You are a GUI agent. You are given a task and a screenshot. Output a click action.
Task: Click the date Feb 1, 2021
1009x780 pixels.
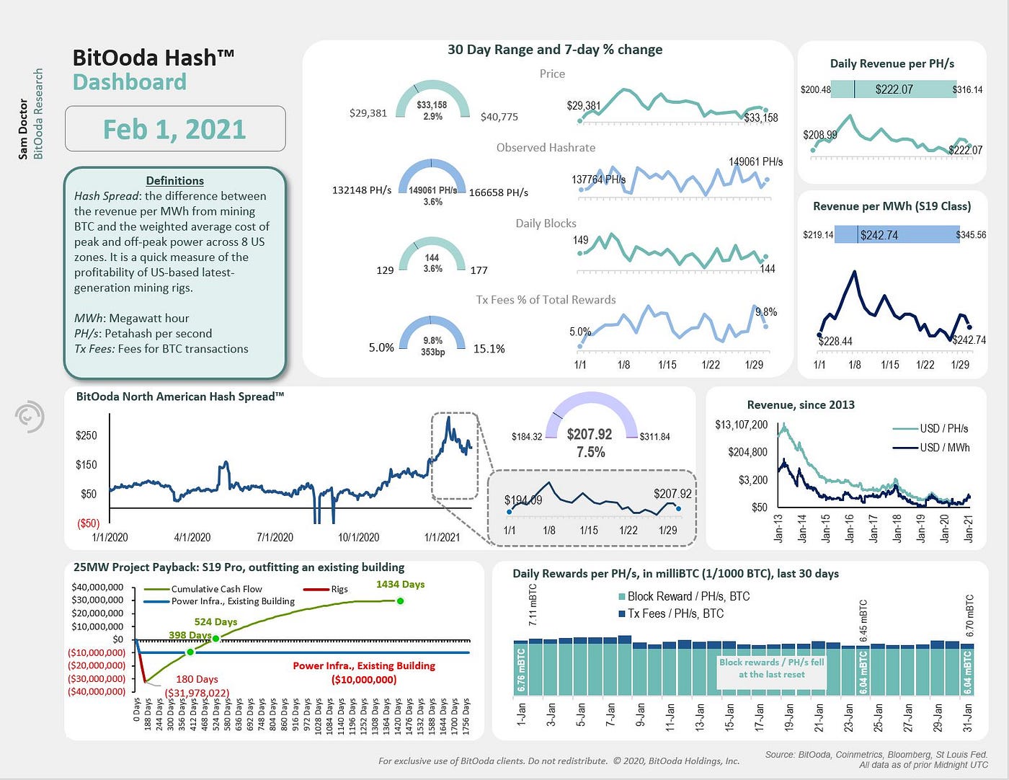[x=174, y=129]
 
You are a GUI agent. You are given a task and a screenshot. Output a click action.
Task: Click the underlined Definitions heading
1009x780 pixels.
[x=174, y=180]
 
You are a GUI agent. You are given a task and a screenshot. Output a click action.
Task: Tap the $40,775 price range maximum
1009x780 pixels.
[x=499, y=116]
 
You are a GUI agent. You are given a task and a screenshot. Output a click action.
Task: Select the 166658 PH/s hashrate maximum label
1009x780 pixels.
[x=498, y=192]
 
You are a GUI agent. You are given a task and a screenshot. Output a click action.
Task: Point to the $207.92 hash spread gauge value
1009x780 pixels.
[x=589, y=434]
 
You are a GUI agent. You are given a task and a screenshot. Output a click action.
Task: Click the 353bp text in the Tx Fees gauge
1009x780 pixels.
[x=432, y=353]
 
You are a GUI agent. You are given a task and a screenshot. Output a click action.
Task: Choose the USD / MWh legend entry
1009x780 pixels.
[x=944, y=448]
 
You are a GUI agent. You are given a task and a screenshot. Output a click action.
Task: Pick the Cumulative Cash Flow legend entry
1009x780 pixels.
[x=216, y=589]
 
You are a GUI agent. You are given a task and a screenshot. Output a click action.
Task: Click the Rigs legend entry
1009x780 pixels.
[x=339, y=589]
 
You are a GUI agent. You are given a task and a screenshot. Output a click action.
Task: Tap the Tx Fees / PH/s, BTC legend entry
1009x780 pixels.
[x=675, y=613]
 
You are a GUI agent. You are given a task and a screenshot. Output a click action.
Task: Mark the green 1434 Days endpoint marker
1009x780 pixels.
[x=400, y=600]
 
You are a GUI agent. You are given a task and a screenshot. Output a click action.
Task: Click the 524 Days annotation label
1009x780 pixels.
[x=215, y=621]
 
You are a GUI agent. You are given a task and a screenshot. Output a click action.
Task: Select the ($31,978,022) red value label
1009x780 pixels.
[x=197, y=693]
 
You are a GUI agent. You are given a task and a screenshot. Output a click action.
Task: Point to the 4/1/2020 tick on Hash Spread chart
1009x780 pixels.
[x=192, y=537]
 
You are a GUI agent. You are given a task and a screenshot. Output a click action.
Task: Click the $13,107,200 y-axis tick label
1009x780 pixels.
[x=741, y=425]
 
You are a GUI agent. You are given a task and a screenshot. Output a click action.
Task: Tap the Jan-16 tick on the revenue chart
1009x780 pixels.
[x=850, y=528]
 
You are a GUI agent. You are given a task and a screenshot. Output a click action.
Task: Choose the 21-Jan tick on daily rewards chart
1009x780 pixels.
[x=819, y=717]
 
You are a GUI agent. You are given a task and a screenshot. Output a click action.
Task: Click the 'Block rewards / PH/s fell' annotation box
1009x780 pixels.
[x=771, y=668]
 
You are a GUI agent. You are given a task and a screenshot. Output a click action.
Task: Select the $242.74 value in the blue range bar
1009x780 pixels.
[x=879, y=235]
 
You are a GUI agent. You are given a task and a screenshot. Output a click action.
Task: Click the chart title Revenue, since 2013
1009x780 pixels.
[x=801, y=405]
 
